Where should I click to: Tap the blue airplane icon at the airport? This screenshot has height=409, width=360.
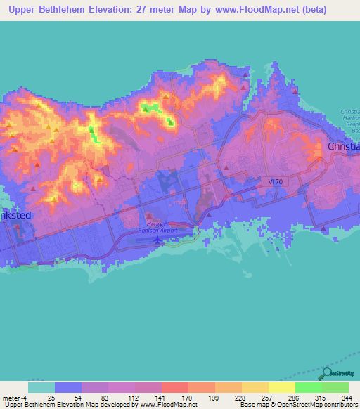click(157, 240)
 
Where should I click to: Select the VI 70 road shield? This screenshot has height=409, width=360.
click(276, 181)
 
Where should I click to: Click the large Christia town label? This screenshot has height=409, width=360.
click(344, 146)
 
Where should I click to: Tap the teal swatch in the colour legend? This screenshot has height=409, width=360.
click(41, 387)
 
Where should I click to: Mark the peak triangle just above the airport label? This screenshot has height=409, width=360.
click(148, 217)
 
